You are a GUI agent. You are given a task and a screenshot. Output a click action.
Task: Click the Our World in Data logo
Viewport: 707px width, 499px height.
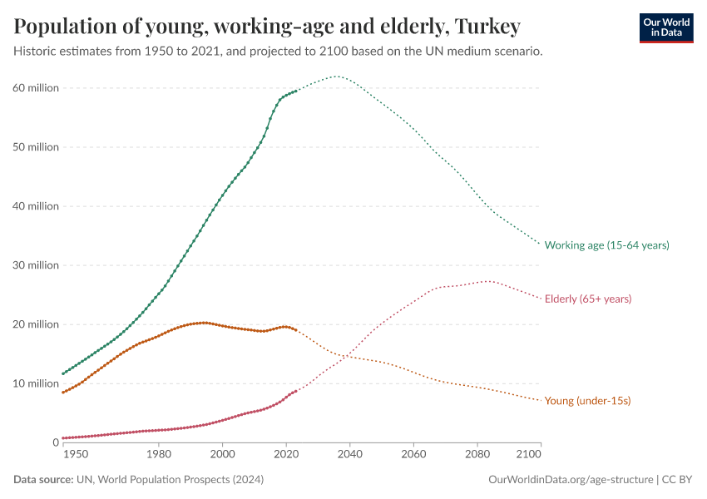(665, 27)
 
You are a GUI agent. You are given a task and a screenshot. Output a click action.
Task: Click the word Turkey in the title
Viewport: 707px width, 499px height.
(487, 27)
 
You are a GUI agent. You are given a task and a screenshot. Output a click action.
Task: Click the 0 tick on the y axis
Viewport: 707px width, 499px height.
(53, 442)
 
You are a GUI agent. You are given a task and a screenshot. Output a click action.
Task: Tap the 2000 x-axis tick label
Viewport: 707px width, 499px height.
(222, 456)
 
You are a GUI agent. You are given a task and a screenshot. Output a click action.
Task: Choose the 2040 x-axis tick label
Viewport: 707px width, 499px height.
(350, 456)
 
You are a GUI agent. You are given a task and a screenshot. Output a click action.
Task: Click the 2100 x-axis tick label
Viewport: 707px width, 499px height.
(528, 456)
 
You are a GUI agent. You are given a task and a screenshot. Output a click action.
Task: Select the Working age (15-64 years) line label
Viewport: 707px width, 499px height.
(606, 245)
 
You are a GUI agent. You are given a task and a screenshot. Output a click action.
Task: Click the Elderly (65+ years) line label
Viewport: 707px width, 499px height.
(587, 299)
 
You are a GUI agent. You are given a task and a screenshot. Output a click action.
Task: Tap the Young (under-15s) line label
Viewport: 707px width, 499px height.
(587, 401)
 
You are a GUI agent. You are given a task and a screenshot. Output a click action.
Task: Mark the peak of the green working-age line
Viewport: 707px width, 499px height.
(336, 77)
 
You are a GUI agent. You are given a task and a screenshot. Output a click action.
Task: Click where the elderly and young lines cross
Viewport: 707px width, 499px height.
(344, 356)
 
